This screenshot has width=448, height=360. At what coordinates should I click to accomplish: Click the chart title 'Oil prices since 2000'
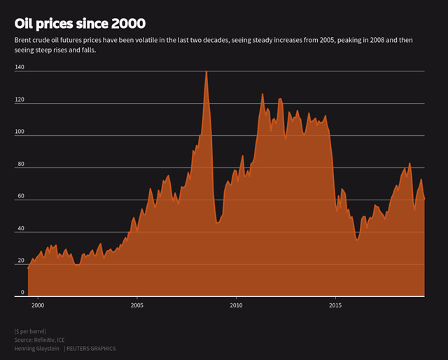[x=80, y=24]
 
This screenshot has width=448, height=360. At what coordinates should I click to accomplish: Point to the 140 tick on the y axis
[x=20, y=67]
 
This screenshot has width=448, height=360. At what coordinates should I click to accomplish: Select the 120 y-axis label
[x=20, y=99]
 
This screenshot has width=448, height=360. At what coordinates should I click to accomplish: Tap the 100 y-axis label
[x=20, y=132]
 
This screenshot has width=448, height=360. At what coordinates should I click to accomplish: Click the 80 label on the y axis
[x=21, y=164]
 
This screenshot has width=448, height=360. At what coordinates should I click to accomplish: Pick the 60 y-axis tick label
[x=21, y=196]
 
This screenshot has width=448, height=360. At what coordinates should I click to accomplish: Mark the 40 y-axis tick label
[x=21, y=228]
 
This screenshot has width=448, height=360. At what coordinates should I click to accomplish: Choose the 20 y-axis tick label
[x=21, y=261]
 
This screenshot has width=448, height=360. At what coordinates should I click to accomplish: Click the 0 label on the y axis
[x=22, y=292]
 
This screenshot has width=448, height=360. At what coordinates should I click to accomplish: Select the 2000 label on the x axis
[x=37, y=306]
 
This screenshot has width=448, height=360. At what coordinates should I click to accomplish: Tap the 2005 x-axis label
[x=136, y=306]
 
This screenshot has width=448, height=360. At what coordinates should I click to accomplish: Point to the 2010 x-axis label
[x=236, y=306]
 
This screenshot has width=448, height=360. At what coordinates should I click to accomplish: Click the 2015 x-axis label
[x=335, y=306]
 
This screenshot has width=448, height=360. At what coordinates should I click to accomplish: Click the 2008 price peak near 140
[x=206, y=71]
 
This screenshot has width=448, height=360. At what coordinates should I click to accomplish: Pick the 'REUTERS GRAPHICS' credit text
[x=91, y=348]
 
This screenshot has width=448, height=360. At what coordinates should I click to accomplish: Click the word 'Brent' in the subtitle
[x=23, y=40]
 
